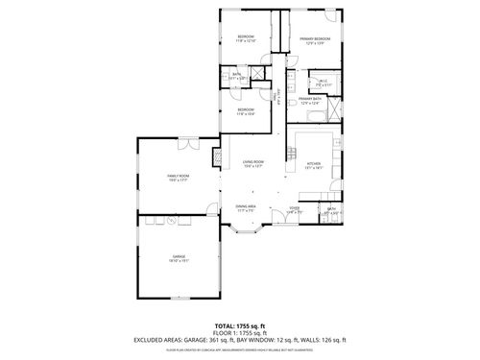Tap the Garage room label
point(179,257)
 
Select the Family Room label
point(178,177)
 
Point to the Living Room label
point(253,162)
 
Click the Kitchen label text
point(313,164)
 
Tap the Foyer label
point(295,209)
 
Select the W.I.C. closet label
point(324,83)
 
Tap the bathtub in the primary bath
point(314,116)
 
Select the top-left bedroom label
point(246,38)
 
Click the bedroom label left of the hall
point(246,110)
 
